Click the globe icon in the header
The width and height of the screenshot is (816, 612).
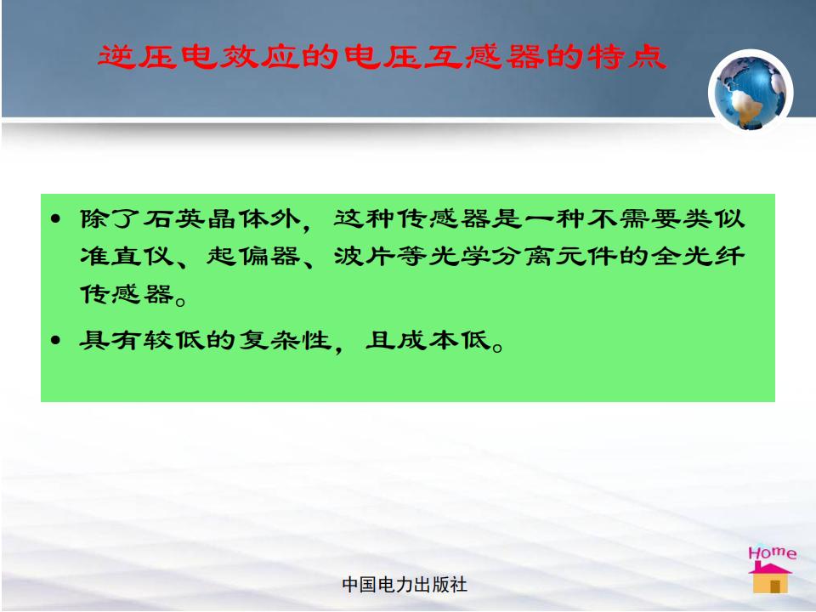pyautogui.click(x=751, y=92)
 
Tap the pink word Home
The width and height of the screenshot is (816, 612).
pyautogui.click(x=773, y=552)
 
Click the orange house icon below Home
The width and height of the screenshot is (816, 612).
pyautogui.click(x=770, y=578)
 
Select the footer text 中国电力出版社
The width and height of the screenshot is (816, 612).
pyautogui.click(x=405, y=585)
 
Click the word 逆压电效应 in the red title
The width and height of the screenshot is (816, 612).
pyautogui.click(x=199, y=57)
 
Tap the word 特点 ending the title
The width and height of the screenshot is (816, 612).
pyautogui.click(x=627, y=57)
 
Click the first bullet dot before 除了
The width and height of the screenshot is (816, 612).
pyautogui.click(x=56, y=218)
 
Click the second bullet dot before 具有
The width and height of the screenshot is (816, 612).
pyautogui.click(x=56, y=340)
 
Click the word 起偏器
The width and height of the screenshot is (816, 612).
pyautogui.click(x=254, y=256)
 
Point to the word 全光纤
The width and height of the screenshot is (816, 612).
pyautogui.click(x=699, y=256)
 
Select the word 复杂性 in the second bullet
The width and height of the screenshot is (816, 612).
pyautogui.click(x=286, y=341)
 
